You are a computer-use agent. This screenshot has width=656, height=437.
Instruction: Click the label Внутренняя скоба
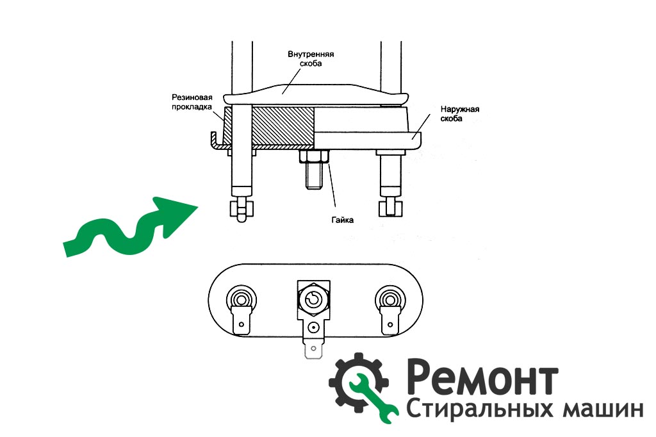coord(311,58)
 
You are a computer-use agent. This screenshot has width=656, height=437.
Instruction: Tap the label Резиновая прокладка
coord(192,102)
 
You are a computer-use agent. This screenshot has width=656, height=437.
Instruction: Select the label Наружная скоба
coord(460,114)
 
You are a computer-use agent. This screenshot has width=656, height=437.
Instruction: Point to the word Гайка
coord(342,220)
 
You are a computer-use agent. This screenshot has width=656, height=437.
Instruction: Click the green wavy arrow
coord(131,226)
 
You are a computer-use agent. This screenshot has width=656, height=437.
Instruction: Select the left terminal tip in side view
coord(242,211)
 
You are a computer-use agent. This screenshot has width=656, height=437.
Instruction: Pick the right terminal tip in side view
coord(391,208)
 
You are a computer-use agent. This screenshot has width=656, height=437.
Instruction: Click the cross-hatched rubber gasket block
coord(283,125)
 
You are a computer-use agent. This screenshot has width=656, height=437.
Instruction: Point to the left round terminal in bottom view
coord(242,299)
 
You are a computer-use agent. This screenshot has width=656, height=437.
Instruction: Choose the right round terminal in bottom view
coord(390,299)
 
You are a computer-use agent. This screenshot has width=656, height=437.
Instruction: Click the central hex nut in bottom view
coord(314,299)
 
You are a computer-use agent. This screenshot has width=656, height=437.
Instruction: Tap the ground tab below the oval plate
coord(313,349)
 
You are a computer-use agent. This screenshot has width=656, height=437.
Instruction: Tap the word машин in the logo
coord(603,409)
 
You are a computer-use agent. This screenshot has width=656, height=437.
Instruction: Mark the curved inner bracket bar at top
coord(316,95)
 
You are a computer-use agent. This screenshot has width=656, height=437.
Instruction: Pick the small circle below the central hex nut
coord(314,327)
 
